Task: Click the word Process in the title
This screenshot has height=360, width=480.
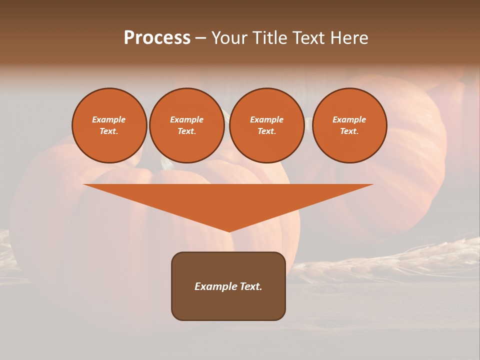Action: tap(157, 38)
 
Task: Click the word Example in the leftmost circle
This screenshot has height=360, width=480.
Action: tap(108, 119)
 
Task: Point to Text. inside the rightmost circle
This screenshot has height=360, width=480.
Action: tap(349, 131)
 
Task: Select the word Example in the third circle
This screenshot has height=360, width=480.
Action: tap(266, 119)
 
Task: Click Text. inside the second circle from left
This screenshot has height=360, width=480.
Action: tap(186, 131)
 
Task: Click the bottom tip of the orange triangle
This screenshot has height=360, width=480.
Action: tap(229, 230)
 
